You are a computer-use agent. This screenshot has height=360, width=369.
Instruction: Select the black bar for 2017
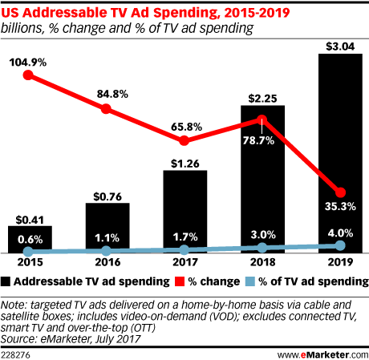(184, 200)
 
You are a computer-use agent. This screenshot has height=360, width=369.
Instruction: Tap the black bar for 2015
(30, 237)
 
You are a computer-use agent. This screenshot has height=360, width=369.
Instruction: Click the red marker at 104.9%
(29, 76)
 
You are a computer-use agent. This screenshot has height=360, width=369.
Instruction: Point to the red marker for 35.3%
(340, 192)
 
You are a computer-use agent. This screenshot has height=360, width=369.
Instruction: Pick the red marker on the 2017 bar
(184, 140)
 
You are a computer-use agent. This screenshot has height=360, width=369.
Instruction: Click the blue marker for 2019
(340, 245)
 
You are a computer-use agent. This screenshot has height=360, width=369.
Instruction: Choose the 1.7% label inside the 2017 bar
(185, 237)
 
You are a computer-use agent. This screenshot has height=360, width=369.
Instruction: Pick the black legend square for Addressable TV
(7, 282)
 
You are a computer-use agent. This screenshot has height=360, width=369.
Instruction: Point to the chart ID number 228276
(18, 351)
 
